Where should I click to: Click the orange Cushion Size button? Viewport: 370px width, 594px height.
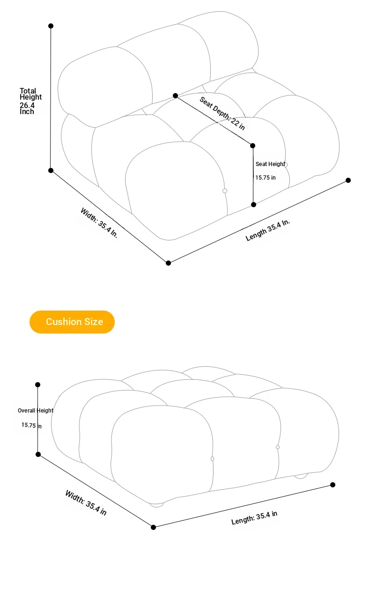(x=72, y=322)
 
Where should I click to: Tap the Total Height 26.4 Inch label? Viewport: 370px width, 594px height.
(x=30, y=101)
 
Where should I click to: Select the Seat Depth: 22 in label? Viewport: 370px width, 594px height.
(x=222, y=114)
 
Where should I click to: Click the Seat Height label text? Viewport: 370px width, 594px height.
(x=270, y=164)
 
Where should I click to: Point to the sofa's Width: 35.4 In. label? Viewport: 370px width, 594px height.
(x=99, y=223)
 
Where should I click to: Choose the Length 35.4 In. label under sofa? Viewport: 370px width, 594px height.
(x=267, y=230)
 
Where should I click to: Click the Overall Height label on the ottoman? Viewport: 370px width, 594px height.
(x=35, y=411)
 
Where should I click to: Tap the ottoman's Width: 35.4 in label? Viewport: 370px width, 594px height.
(x=86, y=503)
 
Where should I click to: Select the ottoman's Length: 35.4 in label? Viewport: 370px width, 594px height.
(x=254, y=518)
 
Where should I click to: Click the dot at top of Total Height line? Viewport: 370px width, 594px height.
(x=51, y=26)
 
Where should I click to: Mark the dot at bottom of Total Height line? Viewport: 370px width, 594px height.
(x=51, y=171)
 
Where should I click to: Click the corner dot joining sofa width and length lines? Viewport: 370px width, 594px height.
(x=168, y=263)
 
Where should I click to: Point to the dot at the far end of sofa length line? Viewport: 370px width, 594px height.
(x=348, y=181)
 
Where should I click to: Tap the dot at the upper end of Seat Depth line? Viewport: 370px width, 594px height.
(x=175, y=95)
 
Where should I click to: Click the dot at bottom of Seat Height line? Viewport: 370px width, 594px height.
(x=254, y=204)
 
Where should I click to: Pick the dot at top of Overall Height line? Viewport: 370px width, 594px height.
(x=38, y=384)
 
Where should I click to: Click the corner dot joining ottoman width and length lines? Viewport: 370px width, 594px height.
(x=153, y=527)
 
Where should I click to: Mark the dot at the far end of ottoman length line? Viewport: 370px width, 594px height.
(x=333, y=485)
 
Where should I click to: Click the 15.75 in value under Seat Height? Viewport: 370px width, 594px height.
(x=266, y=178)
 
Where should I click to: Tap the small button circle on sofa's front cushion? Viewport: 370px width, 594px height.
(x=225, y=191)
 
